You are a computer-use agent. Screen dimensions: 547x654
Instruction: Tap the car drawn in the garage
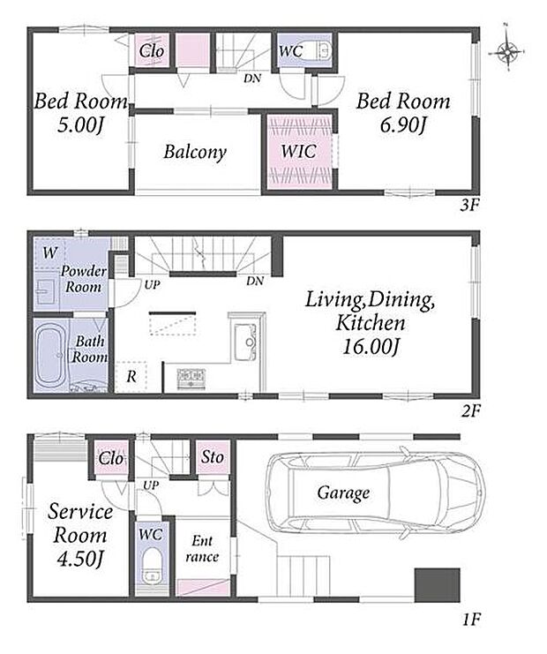375,493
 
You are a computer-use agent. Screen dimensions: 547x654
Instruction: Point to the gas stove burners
191,379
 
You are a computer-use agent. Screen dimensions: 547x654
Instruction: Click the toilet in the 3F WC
324,51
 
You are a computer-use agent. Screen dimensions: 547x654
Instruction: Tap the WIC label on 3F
298,152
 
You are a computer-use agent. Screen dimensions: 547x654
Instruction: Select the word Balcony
195,152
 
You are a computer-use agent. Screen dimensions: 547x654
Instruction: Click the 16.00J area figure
370,347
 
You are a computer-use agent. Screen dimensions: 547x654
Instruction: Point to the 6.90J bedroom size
402,124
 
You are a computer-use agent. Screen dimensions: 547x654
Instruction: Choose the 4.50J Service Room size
79,559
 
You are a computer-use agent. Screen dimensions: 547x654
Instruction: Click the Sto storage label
213,457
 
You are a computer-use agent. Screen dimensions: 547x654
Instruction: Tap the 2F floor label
471,411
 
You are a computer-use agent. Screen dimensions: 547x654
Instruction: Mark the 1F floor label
471,620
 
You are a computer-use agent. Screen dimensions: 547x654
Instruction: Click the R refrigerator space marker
131,377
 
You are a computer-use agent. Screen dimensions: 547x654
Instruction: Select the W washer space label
50,252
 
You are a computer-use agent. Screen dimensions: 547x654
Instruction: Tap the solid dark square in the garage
437,585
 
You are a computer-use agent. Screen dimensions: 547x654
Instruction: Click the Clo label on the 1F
111,459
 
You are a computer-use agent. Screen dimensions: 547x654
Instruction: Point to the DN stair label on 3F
252,78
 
